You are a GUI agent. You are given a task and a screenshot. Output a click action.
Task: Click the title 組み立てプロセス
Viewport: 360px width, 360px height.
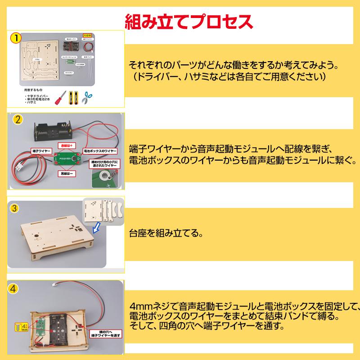click(x=188, y=21)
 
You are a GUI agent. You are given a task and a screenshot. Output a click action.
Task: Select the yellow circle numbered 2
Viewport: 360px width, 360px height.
click(x=18, y=120)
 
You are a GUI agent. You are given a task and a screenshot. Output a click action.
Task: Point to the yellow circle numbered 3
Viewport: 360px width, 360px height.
click(x=14, y=208)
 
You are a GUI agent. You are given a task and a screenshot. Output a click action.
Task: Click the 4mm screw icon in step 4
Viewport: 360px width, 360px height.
click(x=20, y=327)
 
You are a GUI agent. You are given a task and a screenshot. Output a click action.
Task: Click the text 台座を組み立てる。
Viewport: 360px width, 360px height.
click(x=165, y=234)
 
